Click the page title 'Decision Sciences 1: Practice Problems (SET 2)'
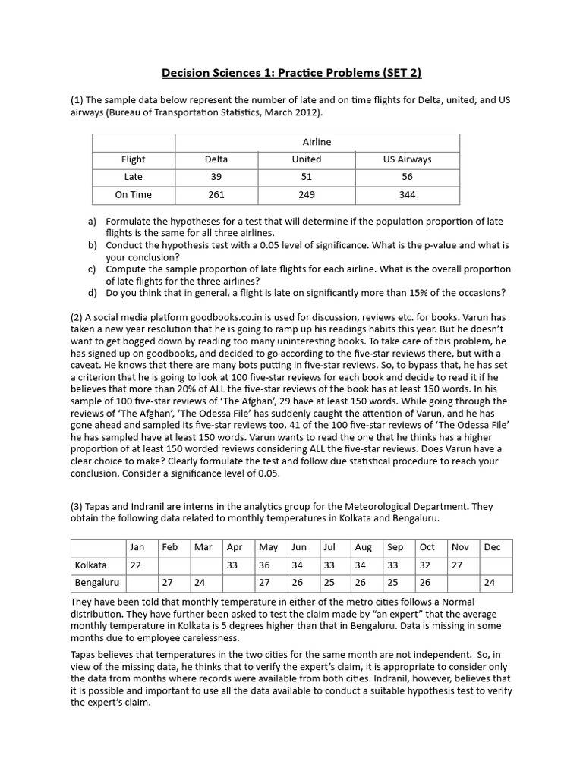[x=291, y=73]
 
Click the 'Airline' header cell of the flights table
[x=317, y=142]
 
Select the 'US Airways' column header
[x=407, y=159]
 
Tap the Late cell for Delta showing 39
[x=216, y=177]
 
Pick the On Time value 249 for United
[x=307, y=195]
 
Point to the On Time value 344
[x=407, y=195]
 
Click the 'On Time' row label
[x=134, y=195]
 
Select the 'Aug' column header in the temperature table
[x=364, y=547]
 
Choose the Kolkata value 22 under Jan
[x=136, y=565]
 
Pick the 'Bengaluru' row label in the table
[x=97, y=583]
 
